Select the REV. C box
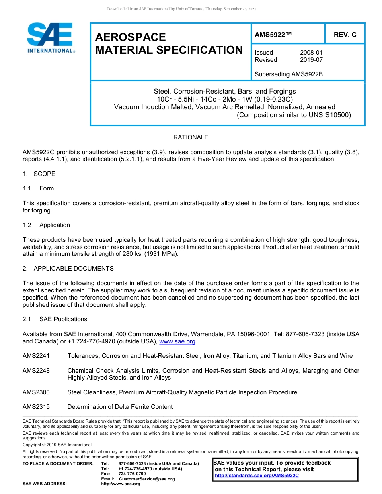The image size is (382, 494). tap(345, 35)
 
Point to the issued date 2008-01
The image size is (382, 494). tap(311, 53)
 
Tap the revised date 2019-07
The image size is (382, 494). tap(311, 60)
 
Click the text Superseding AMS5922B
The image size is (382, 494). tap(289, 74)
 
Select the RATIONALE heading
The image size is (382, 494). tap(191, 137)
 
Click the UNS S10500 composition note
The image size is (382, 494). tap(294, 115)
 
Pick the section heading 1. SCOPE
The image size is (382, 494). tap(39, 174)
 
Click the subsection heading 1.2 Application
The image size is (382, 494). tap(46, 225)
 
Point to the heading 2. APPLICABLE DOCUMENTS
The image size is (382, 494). tap(68, 268)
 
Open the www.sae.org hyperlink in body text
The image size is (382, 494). tap(177, 341)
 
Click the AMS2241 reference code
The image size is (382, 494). tap(36, 356)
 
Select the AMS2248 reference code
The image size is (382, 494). tap(36, 371)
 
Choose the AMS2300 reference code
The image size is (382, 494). tap(36, 392)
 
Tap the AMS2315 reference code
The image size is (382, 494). tap(36, 407)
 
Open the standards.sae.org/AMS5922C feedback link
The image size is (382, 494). tap(257, 476)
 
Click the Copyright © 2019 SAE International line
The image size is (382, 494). tap(57, 445)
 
